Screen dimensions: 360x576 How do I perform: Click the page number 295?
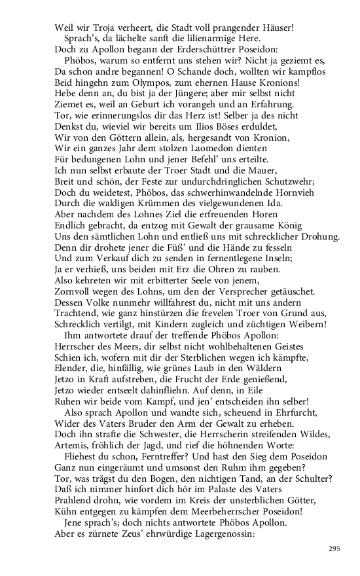(334, 549)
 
